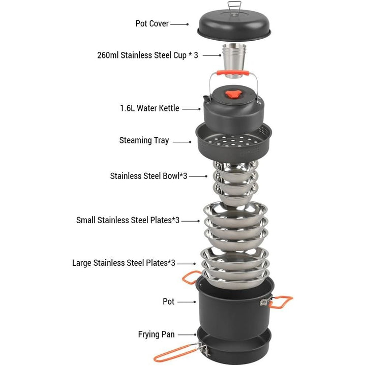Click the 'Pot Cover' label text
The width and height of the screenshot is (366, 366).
152,23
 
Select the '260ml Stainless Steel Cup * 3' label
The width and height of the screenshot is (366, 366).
147,55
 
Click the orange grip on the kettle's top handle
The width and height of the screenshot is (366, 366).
233,73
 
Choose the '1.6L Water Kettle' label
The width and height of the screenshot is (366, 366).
149,108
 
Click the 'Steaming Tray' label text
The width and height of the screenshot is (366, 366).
144,140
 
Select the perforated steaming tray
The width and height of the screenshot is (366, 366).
234,142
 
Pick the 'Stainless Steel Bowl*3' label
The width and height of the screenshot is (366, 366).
148,176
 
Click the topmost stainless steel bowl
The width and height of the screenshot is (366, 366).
235,166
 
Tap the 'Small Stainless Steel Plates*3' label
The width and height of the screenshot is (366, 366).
128,220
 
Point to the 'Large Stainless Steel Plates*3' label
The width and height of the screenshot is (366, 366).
124,263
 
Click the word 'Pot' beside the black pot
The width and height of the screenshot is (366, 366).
169,301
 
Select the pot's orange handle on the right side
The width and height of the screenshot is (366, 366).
281,302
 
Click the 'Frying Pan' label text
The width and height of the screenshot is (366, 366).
157,334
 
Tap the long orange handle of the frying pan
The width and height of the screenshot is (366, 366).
177,353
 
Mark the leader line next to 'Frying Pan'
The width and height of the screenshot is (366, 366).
187,334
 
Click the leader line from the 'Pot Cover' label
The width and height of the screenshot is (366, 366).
179,24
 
